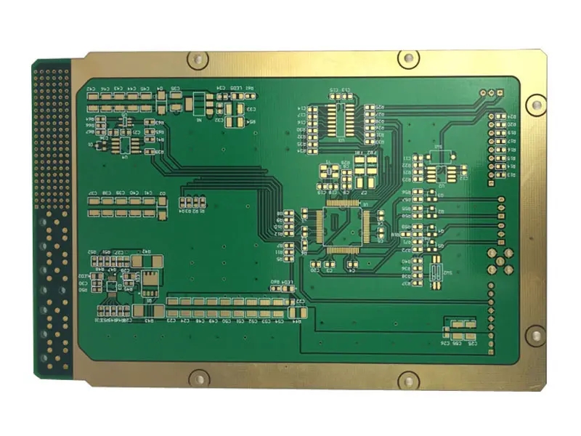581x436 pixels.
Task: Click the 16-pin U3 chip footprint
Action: click(340, 121)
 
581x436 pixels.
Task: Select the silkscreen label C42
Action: click(92, 89)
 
